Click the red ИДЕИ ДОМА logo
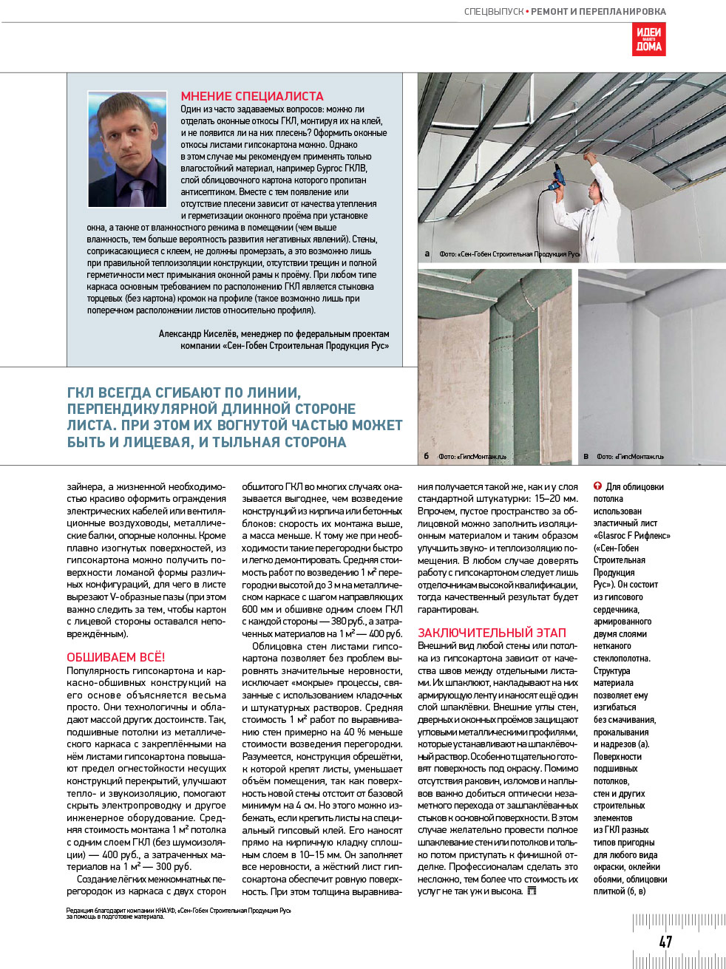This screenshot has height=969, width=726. (648, 39)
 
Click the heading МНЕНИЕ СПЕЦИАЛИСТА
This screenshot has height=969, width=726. (252, 96)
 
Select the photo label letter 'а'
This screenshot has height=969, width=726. (427, 254)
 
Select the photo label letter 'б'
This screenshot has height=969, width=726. (427, 456)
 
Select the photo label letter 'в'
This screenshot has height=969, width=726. (586, 456)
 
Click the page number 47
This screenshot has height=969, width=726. (665, 941)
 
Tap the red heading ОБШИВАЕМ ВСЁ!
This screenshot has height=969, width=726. (116, 657)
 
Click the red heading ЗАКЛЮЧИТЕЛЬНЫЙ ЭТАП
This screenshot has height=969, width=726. (492, 633)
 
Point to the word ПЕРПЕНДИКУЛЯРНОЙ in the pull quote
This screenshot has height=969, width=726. (139, 409)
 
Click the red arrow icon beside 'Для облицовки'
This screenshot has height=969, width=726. (597, 486)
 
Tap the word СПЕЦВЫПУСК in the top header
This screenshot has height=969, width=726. (493, 12)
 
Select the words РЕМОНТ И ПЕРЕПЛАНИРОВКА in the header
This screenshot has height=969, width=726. (598, 12)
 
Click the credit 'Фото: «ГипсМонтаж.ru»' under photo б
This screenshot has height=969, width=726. (473, 457)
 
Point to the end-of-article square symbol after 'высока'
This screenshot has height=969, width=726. (532, 891)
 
